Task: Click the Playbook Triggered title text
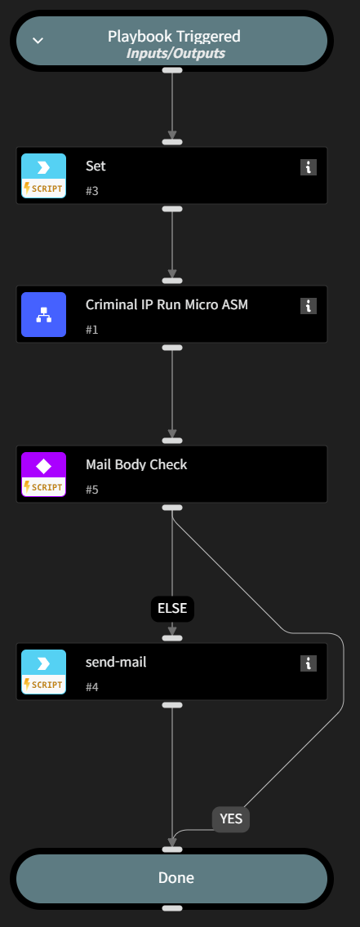click(x=175, y=36)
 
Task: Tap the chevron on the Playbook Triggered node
click(x=38, y=40)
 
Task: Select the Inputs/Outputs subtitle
click(x=176, y=53)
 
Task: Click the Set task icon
click(x=43, y=175)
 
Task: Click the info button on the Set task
click(x=308, y=167)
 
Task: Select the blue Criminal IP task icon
click(x=43, y=314)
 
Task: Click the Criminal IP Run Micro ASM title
click(x=167, y=305)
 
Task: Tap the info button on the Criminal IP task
click(x=308, y=306)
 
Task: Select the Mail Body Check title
click(x=136, y=465)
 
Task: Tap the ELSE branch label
click(x=172, y=608)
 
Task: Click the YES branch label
click(x=231, y=818)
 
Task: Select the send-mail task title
click(x=116, y=663)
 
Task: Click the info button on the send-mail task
click(x=308, y=663)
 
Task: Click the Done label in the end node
click(x=176, y=878)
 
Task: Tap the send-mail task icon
click(x=43, y=672)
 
